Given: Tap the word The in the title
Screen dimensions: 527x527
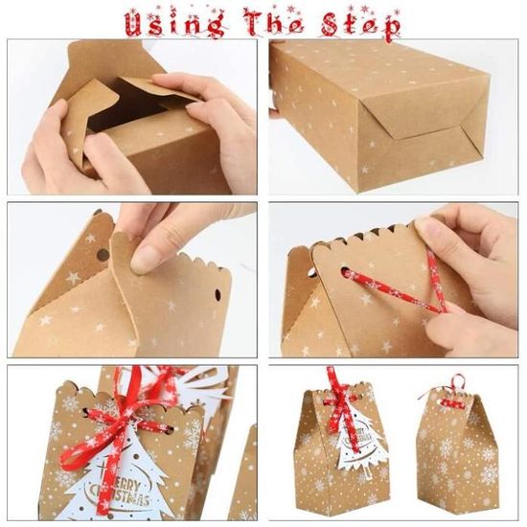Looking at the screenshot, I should click(275, 20).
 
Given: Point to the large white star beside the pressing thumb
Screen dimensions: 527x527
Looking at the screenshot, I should click(73, 278).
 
